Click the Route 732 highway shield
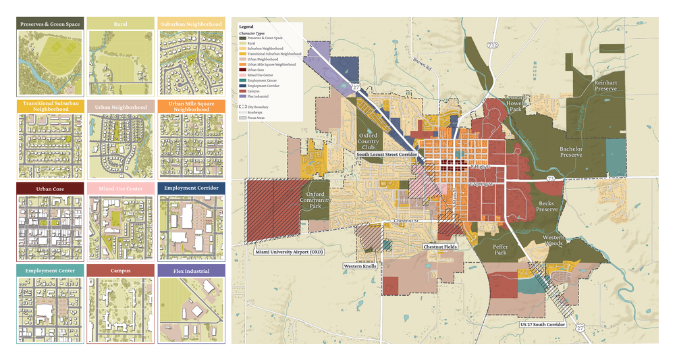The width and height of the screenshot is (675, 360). (x=494, y=45)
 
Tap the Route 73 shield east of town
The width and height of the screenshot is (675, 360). (x=551, y=178)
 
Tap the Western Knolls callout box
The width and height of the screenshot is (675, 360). (x=360, y=266)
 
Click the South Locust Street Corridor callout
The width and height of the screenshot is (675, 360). (x=386, y=155)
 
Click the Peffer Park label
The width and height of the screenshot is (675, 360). (x=500, y=250)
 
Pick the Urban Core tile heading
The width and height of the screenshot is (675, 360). (x=51, y=188)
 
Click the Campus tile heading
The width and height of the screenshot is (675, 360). (x=121, y=271)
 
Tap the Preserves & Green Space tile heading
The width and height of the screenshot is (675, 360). (x=51, y=24)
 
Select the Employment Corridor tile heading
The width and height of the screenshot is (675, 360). (x=191, y=188)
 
